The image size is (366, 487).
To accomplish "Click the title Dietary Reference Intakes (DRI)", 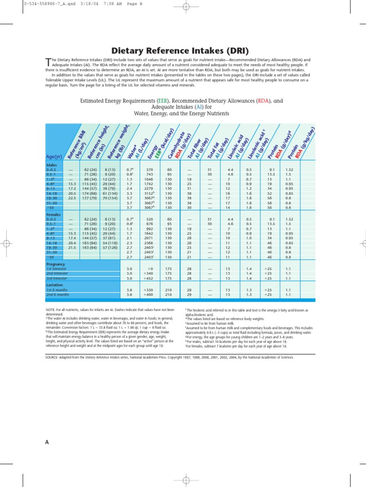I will tap(183, 50).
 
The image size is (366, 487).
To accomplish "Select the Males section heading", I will tap(51, 165).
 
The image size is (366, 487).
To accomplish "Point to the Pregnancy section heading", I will tap(56, 263).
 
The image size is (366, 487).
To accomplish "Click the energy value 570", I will tap(149, 170).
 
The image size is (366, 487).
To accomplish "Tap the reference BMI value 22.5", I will tap(72, 198).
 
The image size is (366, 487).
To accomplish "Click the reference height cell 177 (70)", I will tap(91, 198).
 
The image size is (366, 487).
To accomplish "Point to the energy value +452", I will tap(149, 278).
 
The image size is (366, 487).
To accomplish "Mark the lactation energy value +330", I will tap(149, 290).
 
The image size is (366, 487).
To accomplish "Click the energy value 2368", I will tap(149, 243).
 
